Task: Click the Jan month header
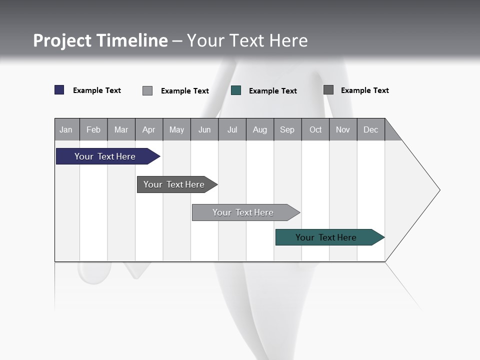click(66, 129)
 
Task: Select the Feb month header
click(93, 129)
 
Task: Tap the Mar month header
click(121, 129)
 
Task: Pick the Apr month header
click(149, 129)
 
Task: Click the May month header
click(176, 129)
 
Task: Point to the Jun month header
click(204, 129)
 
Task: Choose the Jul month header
click(232, 129)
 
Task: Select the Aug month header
click(260, 129)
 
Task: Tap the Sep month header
click(287, 129)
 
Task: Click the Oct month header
click(315, 129)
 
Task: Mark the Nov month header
click(343, 129)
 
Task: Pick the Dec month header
click(371, 129)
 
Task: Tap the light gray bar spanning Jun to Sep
click(243, 212)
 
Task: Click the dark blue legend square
click(59, 90)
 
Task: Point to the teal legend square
click(236, 90)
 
